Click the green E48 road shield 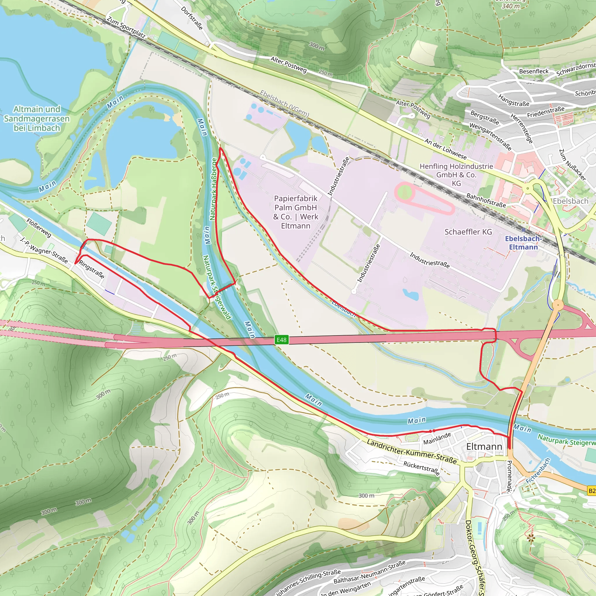pyautogui.click(x=281, y=340)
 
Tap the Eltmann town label pyautogui.click(x=484, y=446)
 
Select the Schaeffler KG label pyautogui.click(x=468, y=232)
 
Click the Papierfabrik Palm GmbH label pyautogui.click(x=296, y=212)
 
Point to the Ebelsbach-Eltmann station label pyautogui.click(x=523, y=243)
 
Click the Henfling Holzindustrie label pyautogui.click(x=456, y=175)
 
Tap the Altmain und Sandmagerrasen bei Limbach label pyautogui.click(x=37, y=118)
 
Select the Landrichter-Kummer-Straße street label pyautogui.click(x=411, y=452)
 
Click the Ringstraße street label pyautogui.click(x=91, y=269)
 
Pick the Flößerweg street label pyautogui.click(x=39, y=228)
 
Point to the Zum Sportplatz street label pyautogui.click(x=126, y=27)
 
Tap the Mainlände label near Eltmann pyautogui.click(x=437, y=438)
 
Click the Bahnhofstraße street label pyautogui.click(x=486, y=200)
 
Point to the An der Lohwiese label pyautogui.click(x=446, y=148)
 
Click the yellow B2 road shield pyautogui.click(x=591, y=491)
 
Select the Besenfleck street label pyautogui.click(x=534, y=71)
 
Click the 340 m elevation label pyautogui.click(x=510, y=6)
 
